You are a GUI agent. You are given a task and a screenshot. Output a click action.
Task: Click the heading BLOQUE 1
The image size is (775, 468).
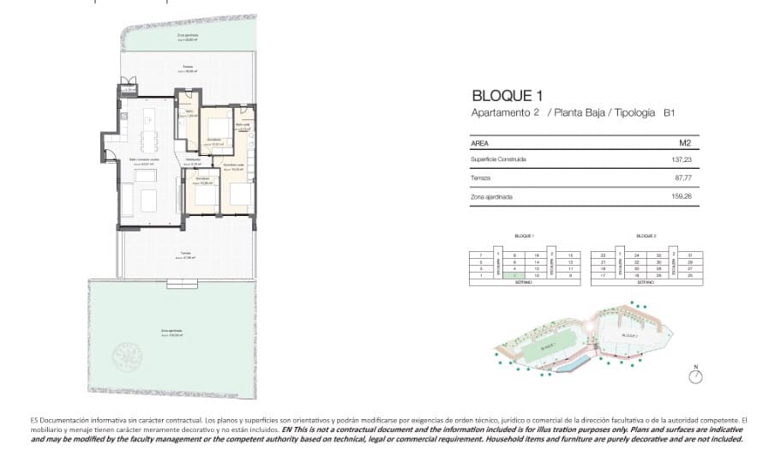tap(507, 96)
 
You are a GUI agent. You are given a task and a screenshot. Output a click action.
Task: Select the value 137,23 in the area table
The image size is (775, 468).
tap(680, 159)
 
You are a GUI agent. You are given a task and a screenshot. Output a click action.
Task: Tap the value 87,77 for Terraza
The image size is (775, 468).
tap(682, 177)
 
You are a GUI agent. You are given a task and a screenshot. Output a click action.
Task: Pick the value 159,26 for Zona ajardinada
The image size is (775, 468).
tap(680, 196)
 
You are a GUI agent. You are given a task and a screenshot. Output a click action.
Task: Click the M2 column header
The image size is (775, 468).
tap(684, 143)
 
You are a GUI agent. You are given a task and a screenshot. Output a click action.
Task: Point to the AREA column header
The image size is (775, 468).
tap(480, 143)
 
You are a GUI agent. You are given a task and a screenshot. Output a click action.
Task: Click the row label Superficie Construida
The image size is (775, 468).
tap(498, 159)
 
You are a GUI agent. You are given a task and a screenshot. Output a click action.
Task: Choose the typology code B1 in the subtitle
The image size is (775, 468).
tap(670, 113)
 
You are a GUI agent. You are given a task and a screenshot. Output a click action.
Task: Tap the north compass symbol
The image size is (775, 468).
tap(695, 375)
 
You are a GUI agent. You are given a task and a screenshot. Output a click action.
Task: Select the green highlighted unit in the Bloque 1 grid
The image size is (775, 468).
tap(514, 275)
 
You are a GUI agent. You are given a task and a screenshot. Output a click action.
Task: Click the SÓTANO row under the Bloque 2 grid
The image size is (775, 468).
tap(646, 282)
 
